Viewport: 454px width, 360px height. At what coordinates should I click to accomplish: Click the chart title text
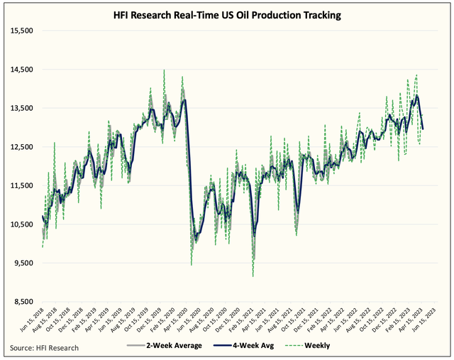[x=226, y=15]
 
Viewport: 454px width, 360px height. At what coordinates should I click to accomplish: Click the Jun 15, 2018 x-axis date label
[x=31, y=321]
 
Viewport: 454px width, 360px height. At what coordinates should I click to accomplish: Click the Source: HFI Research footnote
[x=44, y=347]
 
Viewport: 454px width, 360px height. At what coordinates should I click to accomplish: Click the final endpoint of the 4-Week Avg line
[x=423, y=129]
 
